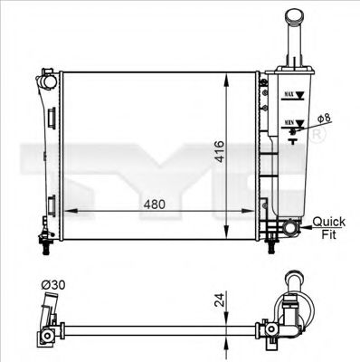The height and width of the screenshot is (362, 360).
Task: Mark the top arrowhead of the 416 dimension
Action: coord(224,73)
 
